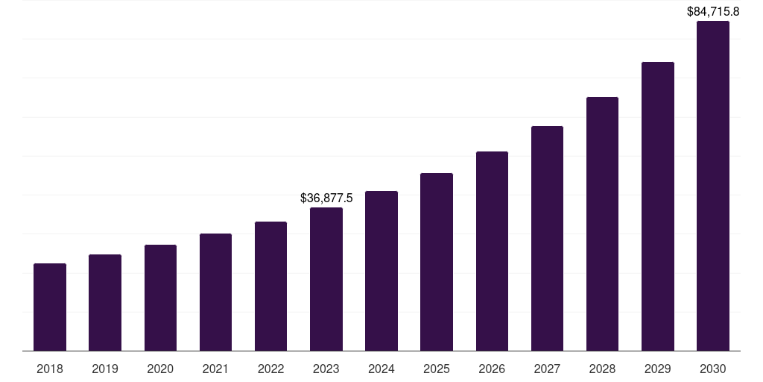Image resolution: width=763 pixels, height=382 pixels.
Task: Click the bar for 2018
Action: tap(50, 307)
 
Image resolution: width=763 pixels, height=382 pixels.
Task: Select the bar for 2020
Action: tap(160, 298)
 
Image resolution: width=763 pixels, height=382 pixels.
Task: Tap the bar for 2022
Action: tap(270, 286)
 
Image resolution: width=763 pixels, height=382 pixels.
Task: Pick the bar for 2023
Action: tap(326, 279)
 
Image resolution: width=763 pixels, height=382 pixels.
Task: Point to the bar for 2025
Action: tap(437, 262)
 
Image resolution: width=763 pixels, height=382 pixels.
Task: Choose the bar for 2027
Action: tap(547, 238)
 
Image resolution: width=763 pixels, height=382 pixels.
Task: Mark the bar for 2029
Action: tap(657, 206)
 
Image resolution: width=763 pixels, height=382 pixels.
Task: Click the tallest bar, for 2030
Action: tap(713, 186)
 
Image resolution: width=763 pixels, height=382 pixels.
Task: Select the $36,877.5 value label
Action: tap(326, 198)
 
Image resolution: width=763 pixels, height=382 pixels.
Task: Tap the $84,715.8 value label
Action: tap(713, 12)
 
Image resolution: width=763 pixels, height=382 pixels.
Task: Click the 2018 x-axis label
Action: tap(50, 369)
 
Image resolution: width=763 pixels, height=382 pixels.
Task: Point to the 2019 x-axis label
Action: tap(105, 369)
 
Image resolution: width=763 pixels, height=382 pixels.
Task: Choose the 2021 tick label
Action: tap(215, 369)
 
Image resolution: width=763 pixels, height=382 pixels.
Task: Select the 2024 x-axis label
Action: tap(381, 369)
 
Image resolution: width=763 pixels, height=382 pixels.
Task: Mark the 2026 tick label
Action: tap(492, 369)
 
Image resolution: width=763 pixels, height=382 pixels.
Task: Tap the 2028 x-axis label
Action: tap(602, 369)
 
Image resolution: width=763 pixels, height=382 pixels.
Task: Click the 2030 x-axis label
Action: tap(713, 369)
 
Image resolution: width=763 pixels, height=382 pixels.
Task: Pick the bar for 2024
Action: tap(381, 271)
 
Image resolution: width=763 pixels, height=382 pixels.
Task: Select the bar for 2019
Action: tap(105, 302)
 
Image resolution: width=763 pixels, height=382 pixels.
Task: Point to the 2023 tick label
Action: tap(326, 369)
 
